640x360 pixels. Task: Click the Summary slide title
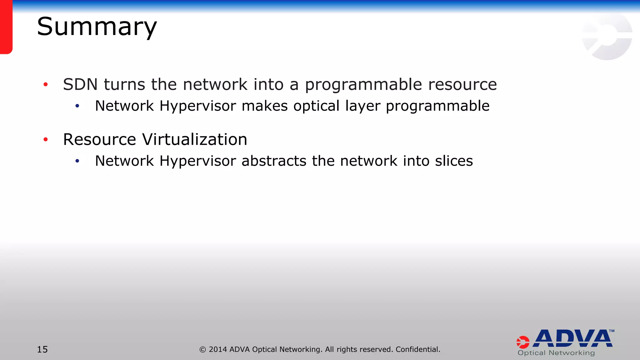[x=97, y=27]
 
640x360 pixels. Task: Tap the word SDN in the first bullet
[x=80, y=85]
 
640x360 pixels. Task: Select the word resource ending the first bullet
[x=462, y=85]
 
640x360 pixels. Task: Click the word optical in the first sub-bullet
[x=316, y=106]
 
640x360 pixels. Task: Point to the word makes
[x=264, y=106]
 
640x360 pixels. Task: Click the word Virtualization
[x=194, y=139]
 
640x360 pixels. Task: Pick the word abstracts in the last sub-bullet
[x=274, y=161]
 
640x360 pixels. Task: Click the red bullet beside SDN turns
[x=46, y=84]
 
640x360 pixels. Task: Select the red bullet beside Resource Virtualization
[x=46, y=139]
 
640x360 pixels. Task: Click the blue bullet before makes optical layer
[x=77, y=106]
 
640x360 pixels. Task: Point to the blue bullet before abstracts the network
[x=77, y=161]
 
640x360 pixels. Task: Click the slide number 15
[x=42, y=349]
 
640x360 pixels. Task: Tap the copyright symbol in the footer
[x=202, y=350]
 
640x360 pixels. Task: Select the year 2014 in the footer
[x=218, y=349]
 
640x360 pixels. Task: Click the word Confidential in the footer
[x=417, y=349]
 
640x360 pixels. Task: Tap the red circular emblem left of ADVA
[x=523, y=342]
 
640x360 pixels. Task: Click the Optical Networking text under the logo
[x=556, y=353]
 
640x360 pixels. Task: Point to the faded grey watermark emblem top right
[x=607, y=37]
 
